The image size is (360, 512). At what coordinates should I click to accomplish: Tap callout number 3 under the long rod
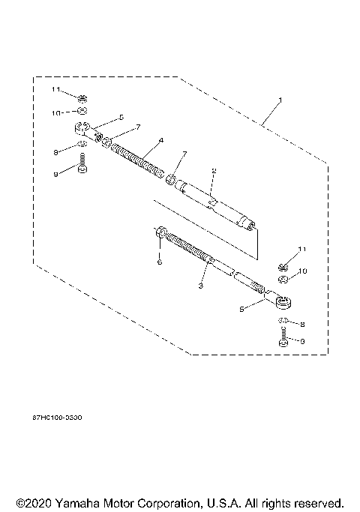click(200, 285)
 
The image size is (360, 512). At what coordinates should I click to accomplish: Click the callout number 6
click(159, 262)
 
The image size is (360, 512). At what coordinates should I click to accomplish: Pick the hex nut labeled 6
click(160, 233)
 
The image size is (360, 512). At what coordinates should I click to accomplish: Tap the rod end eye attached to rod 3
click(285, 302)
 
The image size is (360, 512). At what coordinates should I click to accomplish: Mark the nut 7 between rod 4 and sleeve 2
click(171, 181)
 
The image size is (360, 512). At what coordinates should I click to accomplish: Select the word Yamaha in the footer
click(81, 502)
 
